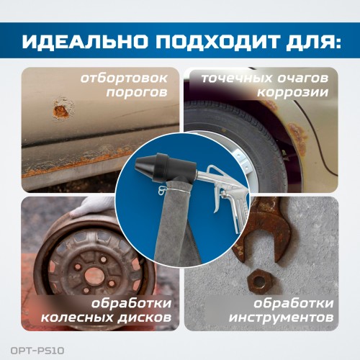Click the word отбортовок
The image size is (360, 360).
[x=124, y=78]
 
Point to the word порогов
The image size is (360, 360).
[x=137, y=93]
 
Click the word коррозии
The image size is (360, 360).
[x=293, y=93]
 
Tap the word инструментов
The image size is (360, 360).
[x=282, y=318]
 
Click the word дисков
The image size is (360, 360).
[x=145, y=318]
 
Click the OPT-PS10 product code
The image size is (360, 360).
[x=37, y=351]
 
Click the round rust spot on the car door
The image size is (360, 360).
[x=61, y=110]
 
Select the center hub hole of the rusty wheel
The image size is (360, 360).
[x=92, y=274]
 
